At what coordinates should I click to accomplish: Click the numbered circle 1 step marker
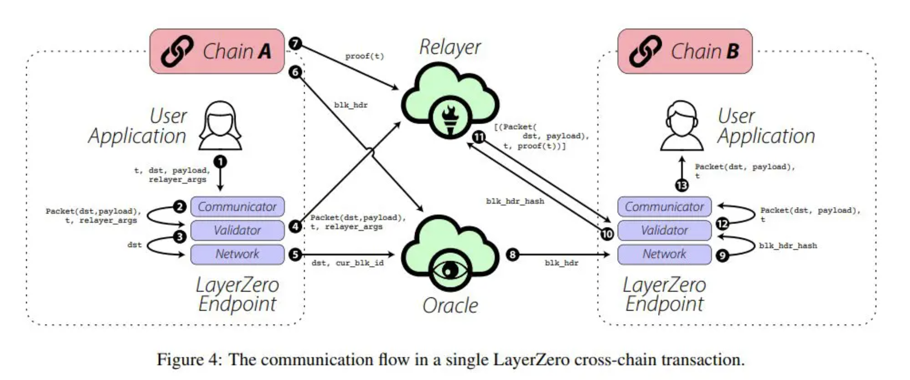pos(220,162)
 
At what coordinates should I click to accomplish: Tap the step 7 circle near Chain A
pos(295,43)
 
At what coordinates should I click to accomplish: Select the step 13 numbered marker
pos(682,186)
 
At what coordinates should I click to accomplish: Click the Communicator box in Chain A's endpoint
pos(237,207)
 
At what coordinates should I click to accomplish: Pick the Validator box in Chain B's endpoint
pos(664,230)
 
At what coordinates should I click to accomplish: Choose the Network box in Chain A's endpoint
pos(237,254)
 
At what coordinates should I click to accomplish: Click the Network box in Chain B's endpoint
pos(664,254)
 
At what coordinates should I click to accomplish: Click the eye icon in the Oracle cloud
pos(450,270)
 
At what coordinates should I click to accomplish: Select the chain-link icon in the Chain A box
pos(177,51)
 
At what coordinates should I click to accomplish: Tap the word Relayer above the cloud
pos(450,47)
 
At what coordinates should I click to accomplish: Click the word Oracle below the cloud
pos(450,306)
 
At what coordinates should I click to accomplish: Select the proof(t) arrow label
pos(364,56)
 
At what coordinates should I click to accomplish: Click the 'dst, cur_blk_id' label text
pos(348,263)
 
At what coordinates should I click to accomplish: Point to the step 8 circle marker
pos(512,255)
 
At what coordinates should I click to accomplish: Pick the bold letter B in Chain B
pos(732,52)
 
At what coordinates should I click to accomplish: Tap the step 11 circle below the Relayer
pos(479,137)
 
